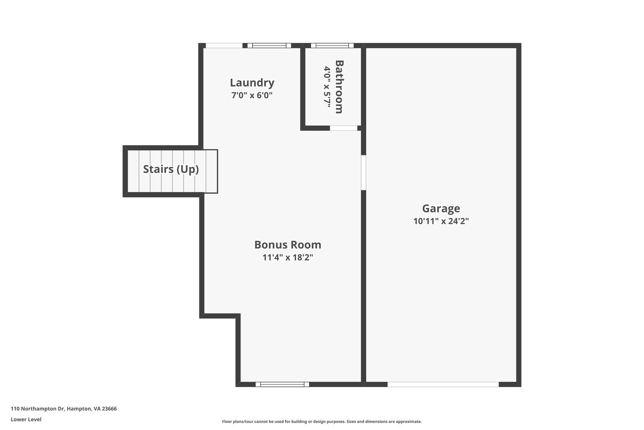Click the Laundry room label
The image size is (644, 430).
point(252,83)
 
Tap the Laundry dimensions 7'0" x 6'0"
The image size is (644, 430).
point(252,95)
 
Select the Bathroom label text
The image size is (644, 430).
point(339,87)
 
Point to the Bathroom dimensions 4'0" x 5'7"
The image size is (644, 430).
point(327,87)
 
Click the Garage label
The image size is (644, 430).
point(441,209)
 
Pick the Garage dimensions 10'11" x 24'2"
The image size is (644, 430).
point(441,221)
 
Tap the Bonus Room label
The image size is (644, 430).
point(288,245)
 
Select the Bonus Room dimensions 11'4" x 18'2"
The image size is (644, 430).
point(288,258)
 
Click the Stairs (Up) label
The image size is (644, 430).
point(171,169)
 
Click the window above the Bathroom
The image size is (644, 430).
point(332,45)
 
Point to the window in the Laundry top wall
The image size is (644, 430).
point(269,45)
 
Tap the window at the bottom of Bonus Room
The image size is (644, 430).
point(282,384)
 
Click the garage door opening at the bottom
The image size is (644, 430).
point(443,384)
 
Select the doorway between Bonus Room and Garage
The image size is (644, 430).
point(364,172)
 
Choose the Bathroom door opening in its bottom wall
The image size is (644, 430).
point(343,128)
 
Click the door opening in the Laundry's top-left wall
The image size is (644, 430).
point(224,45)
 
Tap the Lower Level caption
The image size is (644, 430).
point(26,419)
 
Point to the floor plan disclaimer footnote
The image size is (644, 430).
point(322,421)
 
